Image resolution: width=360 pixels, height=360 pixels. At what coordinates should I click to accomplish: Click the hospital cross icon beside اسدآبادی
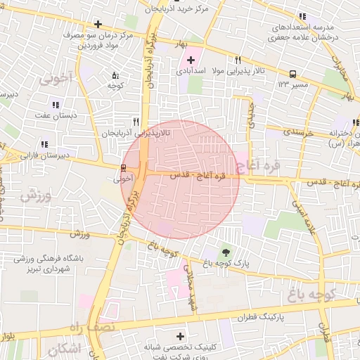(191, 60)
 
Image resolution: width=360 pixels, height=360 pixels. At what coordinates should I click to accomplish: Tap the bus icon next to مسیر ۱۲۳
(292, 74)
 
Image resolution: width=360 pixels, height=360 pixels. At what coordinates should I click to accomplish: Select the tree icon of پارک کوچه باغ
(226, 252)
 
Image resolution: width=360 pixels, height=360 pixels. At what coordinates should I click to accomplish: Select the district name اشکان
(65, 349)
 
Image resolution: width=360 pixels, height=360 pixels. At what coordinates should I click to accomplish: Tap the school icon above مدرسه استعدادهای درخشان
(302, 16)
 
